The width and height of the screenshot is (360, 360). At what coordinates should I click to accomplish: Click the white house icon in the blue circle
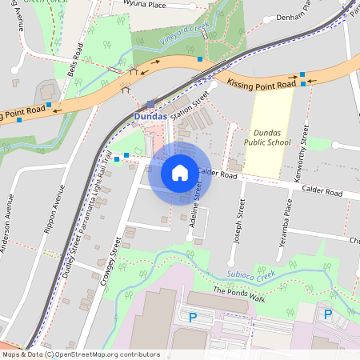click(180, 172)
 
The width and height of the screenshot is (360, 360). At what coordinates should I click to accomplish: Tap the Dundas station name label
click(150, 116)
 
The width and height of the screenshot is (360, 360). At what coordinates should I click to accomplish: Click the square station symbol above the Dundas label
click(151, 103)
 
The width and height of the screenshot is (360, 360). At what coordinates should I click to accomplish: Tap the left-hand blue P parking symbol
click(192, 317)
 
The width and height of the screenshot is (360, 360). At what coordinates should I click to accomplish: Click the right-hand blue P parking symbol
click(327, 314)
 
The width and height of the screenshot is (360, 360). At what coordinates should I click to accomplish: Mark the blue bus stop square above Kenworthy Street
click(302, 75)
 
